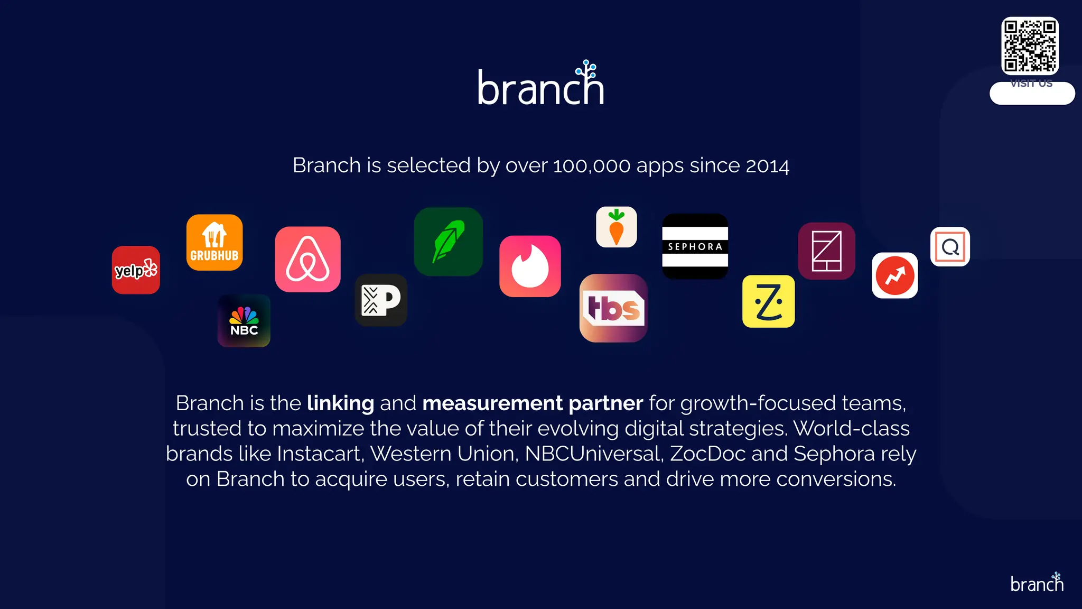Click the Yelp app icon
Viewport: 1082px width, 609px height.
tap(136, 270)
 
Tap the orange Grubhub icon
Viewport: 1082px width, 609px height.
tap(214, 243)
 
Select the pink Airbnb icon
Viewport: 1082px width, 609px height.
tap(307, 260)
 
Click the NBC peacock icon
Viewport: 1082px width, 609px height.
tap(244, 321)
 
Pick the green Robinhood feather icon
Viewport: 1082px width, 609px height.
tap(449, 242)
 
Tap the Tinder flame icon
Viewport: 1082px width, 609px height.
tap(530, 266)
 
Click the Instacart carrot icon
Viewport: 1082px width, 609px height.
tap(617, 227)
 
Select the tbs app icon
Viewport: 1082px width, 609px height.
tap(613, 308)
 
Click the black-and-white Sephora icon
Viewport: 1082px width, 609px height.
tap(695, 246)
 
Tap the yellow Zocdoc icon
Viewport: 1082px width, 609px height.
tap(768, 301)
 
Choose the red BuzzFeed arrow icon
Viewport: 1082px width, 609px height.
tap(894, 275)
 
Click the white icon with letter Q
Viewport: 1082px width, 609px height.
tap(950, 247)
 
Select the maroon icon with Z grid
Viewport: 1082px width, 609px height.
tap(826, 251)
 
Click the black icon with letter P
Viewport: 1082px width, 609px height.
tap(381, 300)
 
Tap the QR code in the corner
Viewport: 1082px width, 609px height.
tap(1030, 46)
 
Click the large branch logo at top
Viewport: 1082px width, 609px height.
tap(541, 85)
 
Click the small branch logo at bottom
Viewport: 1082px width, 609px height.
tap(1037, 583)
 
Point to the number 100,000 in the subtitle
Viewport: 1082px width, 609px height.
tap(591, 166)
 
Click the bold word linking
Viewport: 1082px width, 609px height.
tap(340, 403)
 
